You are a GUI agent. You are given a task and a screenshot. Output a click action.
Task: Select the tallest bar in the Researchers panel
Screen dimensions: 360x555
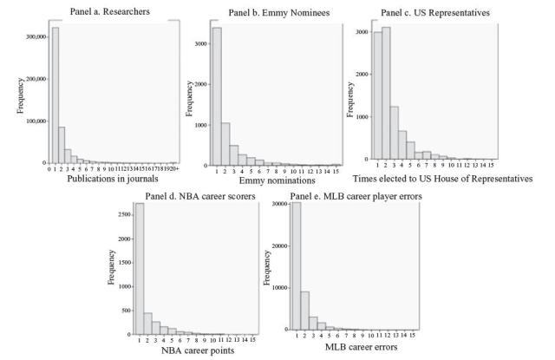tap(55, 95)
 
